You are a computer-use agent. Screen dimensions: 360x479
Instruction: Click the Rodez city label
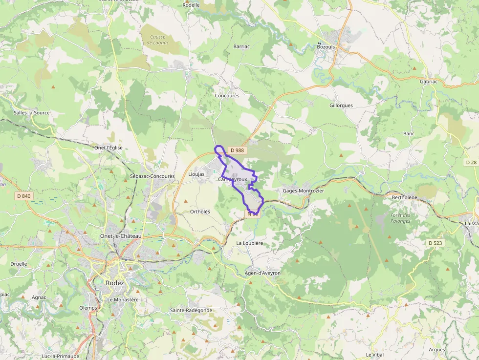115,283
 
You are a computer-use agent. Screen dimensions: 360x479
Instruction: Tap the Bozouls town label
326,46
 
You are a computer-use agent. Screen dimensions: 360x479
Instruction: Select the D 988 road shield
237,150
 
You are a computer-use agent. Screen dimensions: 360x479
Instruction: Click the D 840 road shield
23,196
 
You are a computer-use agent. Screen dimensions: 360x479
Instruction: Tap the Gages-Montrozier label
303,191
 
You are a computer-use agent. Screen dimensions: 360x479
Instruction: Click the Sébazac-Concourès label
152,176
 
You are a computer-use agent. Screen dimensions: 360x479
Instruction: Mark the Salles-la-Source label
32,113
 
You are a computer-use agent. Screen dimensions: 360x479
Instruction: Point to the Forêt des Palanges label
400,218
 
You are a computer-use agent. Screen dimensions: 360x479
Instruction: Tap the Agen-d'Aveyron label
262,273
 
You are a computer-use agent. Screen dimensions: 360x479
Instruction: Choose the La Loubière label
250,243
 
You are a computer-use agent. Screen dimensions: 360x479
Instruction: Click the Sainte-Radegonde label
191,310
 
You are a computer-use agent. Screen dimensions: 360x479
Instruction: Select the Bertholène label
405,197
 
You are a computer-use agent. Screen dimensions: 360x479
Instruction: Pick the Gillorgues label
341,106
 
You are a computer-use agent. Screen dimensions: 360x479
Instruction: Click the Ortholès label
200,212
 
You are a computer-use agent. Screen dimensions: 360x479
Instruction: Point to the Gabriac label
429,82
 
